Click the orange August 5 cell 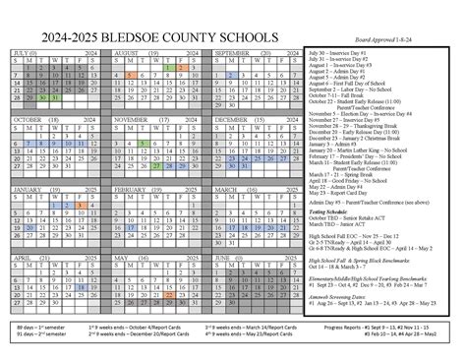(131, 75)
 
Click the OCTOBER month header (29, 118)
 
